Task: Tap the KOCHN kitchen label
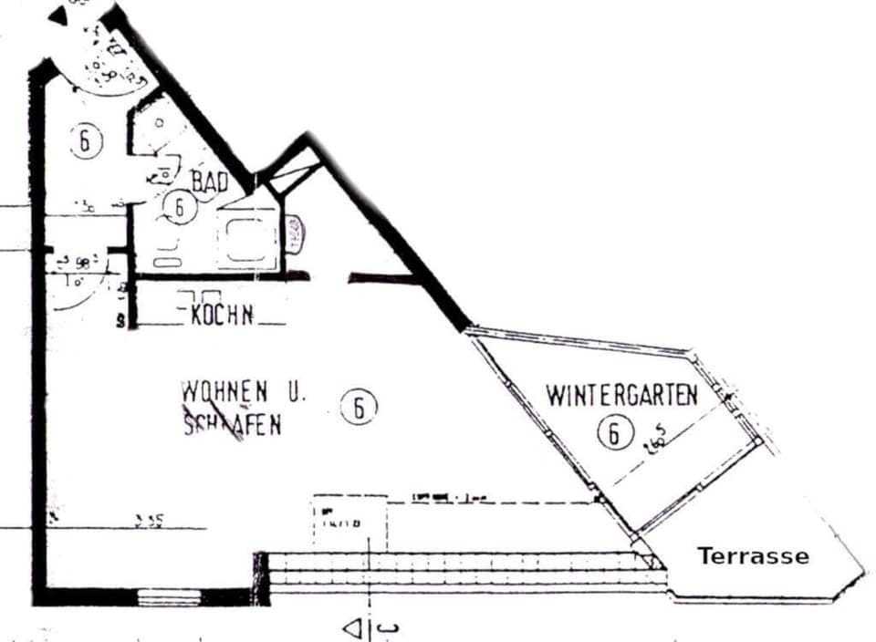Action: pyautogui.click(x=222, y=316)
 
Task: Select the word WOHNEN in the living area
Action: pyautogui.click(x=224, y=391)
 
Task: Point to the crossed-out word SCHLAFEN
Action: pyautogui.click(x=232, y=425)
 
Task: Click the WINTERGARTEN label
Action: pyautogui.click(x=622, y=395)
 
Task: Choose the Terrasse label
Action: pyautogui.click(x=753, y=555)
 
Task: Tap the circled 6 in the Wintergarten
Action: pyautogui.click(x=616, y=431)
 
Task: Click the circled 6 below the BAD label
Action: pyautogui.click(x=180, y=208)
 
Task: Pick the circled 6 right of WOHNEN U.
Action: pyautogui.click(x=359, y=408)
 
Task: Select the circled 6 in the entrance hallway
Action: pyautogui.click(x=85, y=141)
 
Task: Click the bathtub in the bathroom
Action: pyautogui.click(x=246, y=240)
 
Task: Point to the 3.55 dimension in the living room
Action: pyautogui.click(x=149, y=522)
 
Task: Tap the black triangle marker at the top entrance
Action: pyautogui.click(x=58, y=15)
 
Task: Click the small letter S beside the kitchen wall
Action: pyautogui.click(x=120, y=321)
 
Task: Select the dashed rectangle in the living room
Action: pyautogui.click(x=349, y=523)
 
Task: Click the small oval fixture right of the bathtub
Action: pyautogui.click(x=296, y=236)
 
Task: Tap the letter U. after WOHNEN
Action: pyautogui.click(x=297, y=393)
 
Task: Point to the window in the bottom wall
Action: pyautogui.click(x=168, y=597)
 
